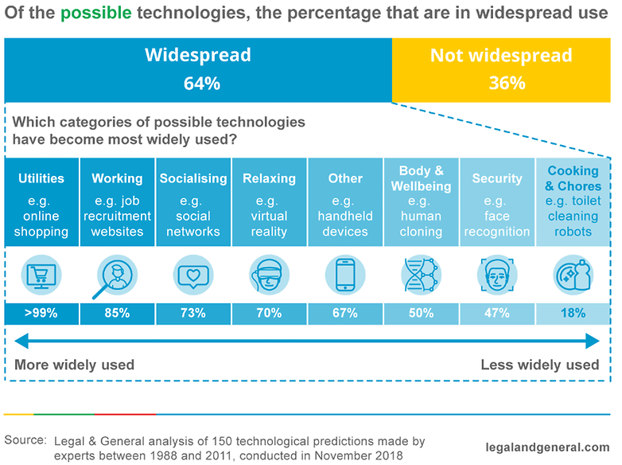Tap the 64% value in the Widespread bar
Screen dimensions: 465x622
pyautogui.click(x=198, y=83)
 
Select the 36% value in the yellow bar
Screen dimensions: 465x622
pyautogui.click(x=501, y=83)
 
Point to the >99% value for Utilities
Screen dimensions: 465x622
pyautogui.click(x=41, y=313)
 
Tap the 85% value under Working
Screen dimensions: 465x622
pyautogui.click(x=117, y=313)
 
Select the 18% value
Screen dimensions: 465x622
pyautogui.click(x=573, y=313)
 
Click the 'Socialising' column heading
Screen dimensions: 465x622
pyautogui.click(x=193, y=178)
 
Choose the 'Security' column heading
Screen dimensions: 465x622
pyautogui.click(x=497, y=178)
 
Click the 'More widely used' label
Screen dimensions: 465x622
pyautogui.click(x=75, y=365)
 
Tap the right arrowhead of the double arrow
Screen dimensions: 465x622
pyautogui.click(x=593, y=342)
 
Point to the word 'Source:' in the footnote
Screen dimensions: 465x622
pyautogui.click(x=25, y=440)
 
